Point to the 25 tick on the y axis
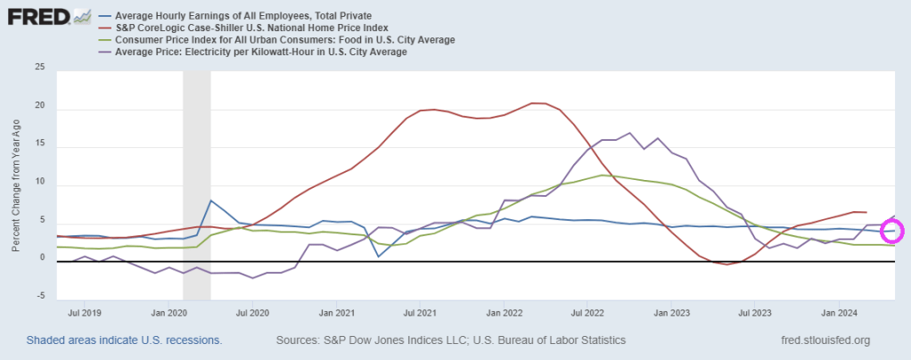pos(39,67)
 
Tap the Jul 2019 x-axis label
pos(86,314)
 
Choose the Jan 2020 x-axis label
pos(168,314)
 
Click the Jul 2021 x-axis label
pos(420,314)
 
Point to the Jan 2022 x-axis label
pos(504,314)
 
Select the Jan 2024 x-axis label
pos(839,314)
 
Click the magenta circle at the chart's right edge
pos(892,231)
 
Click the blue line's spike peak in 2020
pos(210,200)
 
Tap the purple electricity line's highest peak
pos(630,133)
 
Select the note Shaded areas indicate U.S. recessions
pos(124,340)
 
